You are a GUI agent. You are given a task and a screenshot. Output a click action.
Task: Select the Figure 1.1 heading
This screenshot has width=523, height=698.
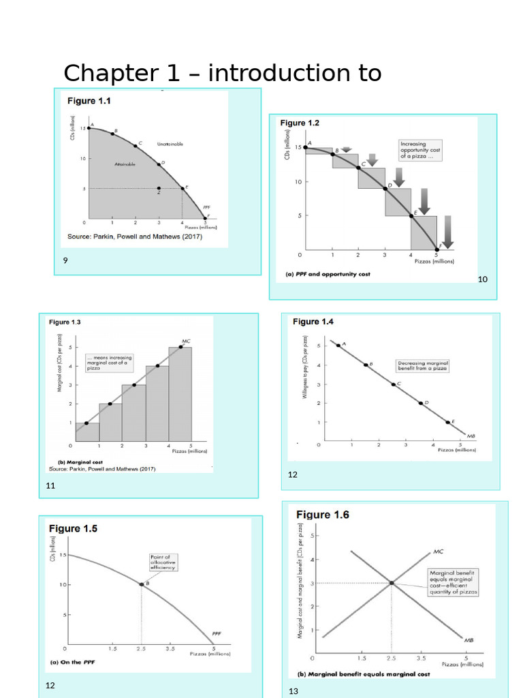point(89,101)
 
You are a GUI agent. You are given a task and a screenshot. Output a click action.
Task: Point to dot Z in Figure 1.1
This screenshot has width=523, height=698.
point(159,189)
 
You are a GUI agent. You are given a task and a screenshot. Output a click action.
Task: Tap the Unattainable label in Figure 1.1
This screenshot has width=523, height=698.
point(170,145)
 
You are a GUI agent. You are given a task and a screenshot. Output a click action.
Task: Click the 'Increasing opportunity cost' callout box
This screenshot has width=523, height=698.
point(422,151)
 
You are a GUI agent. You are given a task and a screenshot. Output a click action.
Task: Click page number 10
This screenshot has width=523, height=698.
point(483,279)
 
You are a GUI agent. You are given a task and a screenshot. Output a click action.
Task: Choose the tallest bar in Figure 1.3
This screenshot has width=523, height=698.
point(180,395)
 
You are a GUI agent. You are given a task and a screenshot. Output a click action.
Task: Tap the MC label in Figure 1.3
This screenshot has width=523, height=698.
point(186,341)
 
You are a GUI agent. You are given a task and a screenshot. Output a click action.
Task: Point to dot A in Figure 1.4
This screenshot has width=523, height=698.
point(338,346)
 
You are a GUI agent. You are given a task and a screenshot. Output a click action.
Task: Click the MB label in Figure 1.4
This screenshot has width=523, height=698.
point(471,434)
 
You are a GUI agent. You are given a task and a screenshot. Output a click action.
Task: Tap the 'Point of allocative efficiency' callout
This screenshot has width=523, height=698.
point(163,562)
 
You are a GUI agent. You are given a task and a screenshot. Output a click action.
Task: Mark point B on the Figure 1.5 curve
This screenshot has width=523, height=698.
point(142,584)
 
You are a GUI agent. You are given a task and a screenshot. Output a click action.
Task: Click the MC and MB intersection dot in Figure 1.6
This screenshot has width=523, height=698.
point(392,583)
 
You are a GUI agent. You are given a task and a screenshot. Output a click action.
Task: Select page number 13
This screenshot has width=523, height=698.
point(294,691)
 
